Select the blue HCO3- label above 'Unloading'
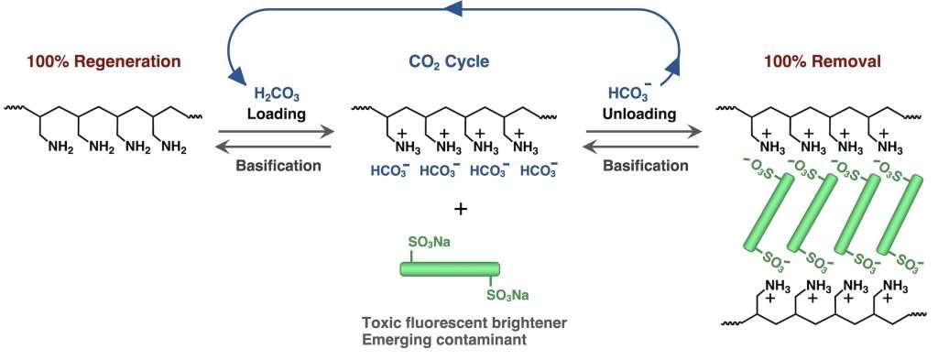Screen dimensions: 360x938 [x=633, y=92]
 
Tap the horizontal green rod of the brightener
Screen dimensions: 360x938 [x=450, y=269]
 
